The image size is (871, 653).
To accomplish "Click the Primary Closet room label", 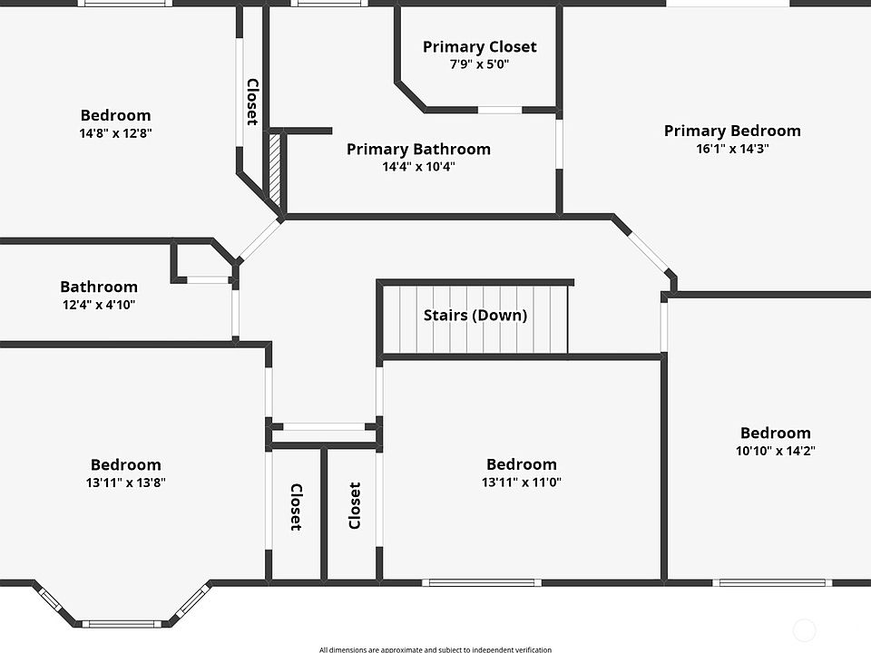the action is tap(479, 46).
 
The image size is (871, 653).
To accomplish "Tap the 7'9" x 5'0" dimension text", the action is tap(479, 63).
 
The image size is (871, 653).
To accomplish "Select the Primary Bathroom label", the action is tap(418, 149).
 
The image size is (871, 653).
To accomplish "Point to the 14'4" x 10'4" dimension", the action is tap(418, 166).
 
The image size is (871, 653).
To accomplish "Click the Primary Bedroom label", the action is tap(732, 131).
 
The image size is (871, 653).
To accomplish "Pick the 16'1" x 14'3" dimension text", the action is tap(732, 148).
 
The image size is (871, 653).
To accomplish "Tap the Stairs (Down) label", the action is tap(475, 315).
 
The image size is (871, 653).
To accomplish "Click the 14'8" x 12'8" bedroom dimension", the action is tap(115, 132).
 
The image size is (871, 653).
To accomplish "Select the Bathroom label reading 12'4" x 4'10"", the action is tap(99, 287).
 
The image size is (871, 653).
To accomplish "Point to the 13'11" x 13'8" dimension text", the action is tap(125, 482).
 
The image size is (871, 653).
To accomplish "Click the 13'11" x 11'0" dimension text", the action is tap(521, 482).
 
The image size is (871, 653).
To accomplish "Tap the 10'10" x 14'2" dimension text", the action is tap(776, 451).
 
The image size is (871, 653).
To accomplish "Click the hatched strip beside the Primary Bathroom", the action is tap(274, 169).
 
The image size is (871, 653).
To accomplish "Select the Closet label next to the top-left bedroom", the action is tap(253, 102).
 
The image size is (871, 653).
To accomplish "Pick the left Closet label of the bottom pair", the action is tap(297, 507).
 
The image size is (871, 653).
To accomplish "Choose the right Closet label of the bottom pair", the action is tap(355, 505).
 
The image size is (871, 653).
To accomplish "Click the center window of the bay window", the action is tap(122, 624).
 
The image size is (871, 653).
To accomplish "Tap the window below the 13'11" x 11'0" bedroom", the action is tap(482, 582).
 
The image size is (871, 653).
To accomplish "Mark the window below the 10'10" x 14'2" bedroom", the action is tap(773, 582).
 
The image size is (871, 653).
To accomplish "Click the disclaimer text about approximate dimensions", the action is tap(435, 649).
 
